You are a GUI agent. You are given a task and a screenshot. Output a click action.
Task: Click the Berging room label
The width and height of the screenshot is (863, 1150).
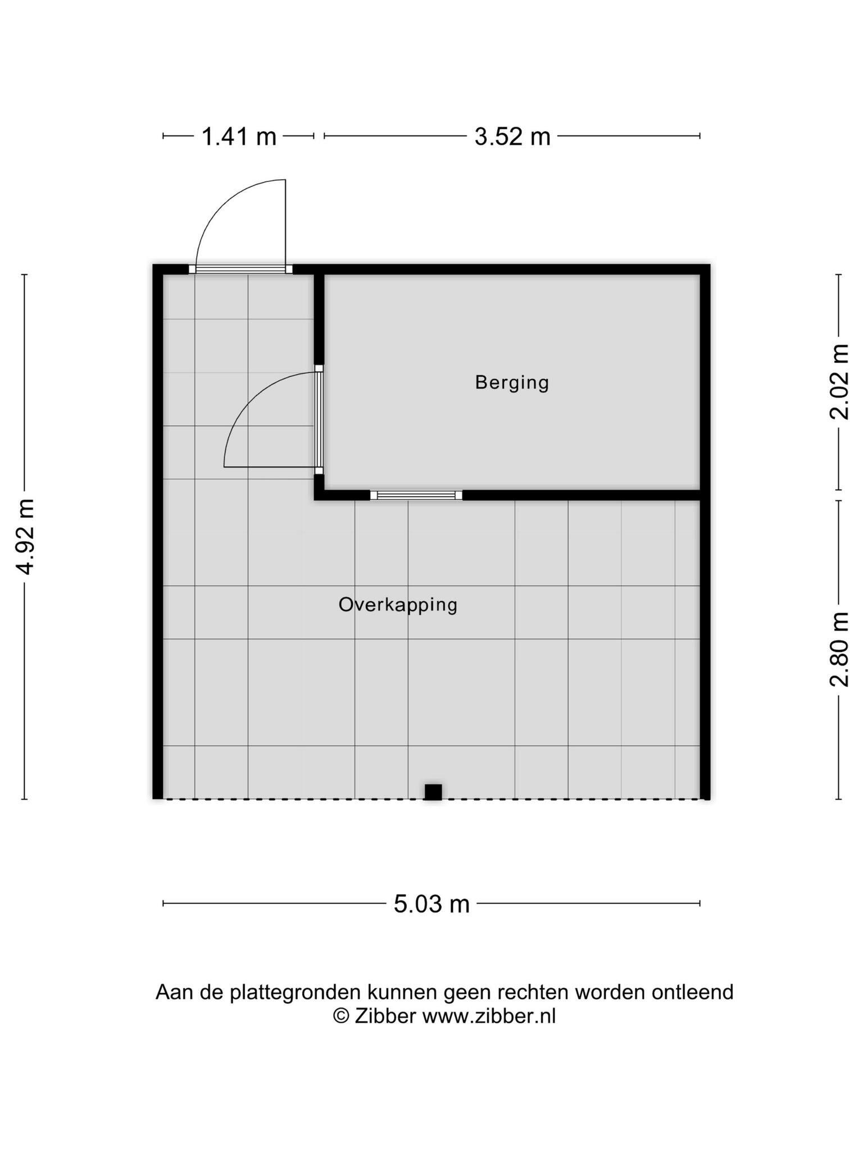point(512,383)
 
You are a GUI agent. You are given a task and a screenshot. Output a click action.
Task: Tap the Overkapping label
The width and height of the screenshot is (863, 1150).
point(398,605)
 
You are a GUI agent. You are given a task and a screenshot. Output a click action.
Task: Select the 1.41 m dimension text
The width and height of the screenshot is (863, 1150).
point(239,136)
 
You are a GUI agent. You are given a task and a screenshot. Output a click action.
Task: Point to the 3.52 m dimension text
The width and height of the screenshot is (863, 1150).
point(512,136)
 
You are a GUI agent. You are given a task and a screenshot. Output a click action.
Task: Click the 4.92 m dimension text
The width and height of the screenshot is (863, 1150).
point(26,536)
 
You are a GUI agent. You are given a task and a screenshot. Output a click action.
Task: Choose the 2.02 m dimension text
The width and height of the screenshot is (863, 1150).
point(839,382)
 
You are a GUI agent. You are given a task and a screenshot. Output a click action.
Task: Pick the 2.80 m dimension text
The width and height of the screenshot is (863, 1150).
point(839,649)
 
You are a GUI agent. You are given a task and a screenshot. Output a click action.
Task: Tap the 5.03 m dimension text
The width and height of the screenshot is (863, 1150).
point(431,904)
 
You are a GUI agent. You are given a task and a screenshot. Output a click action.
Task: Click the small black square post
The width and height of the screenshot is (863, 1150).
point(433,792)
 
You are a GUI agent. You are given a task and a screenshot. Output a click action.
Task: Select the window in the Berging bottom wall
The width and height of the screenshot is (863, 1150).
point(416,495)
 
